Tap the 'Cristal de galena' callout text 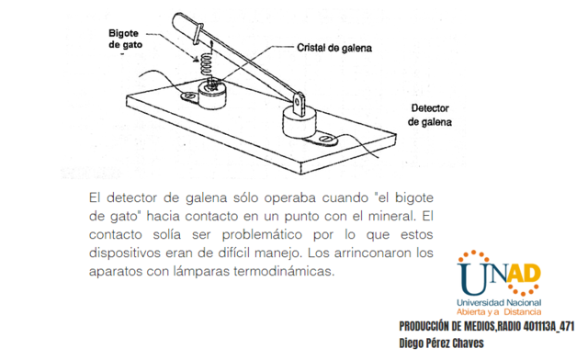click(334, 48)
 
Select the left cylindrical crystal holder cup click(217, 93)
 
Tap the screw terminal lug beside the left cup click(189, 96)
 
